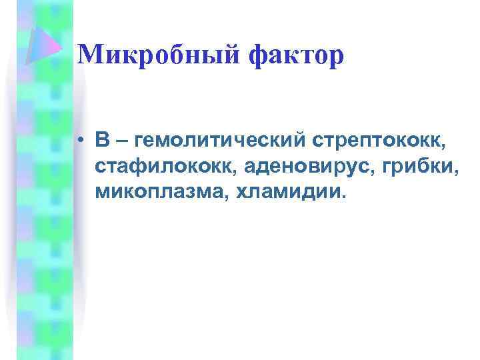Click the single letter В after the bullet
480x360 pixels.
102,141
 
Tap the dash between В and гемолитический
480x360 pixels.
122,142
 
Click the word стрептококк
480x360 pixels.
376,142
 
